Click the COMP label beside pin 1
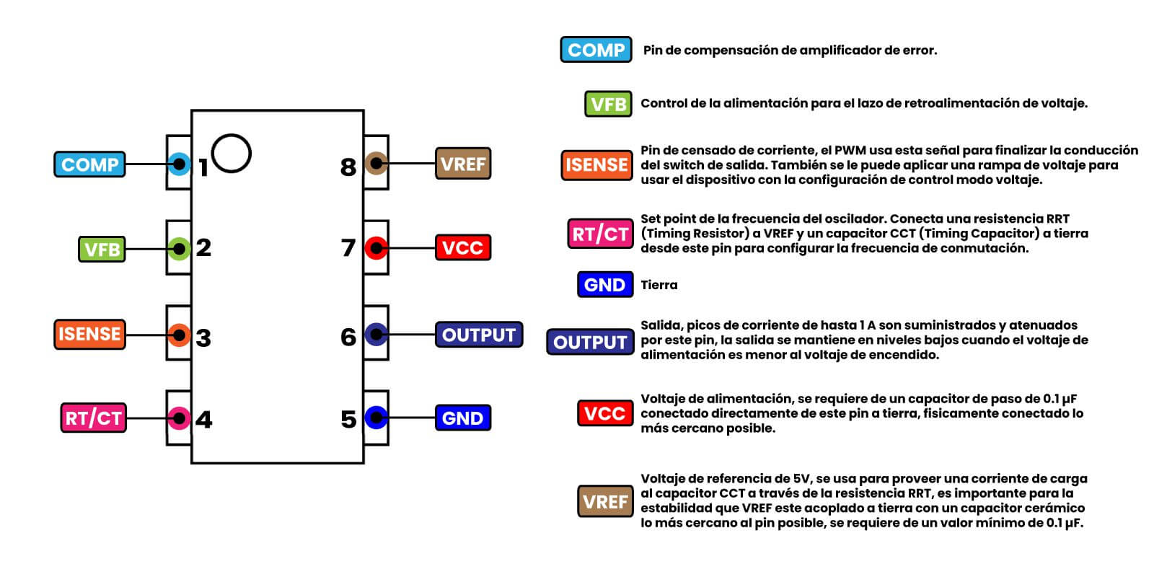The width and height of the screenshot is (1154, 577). coord(89,164)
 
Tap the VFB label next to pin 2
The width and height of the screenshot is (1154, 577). coord(102,250)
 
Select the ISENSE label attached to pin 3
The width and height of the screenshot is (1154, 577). coord(89,335)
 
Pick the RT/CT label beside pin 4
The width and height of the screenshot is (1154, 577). coord(94,418)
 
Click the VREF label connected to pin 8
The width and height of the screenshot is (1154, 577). coord(463,164)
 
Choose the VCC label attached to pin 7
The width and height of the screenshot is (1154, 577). coord(462,248)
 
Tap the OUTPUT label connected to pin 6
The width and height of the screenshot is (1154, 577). coord(479,335)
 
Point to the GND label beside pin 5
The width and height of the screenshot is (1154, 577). coord(462,418)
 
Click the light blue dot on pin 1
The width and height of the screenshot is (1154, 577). coord(179,164)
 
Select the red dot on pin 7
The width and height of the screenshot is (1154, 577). coord(376,248)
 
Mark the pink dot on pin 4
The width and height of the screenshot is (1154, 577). coord(179,418)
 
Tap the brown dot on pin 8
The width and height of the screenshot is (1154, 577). coord(376,164)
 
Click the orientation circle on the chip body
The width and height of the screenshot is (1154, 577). coord(232,153)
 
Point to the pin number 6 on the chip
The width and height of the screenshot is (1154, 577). coord(348,337)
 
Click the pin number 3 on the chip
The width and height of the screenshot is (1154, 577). coord(203,338)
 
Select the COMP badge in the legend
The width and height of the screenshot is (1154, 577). coord(596,50)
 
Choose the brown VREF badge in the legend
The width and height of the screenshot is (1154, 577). coord(605,501)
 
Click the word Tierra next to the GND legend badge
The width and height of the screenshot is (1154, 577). coord(659,285)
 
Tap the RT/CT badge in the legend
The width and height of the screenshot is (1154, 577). coord(600,234)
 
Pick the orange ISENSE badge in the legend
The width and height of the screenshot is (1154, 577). coord(596,165)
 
